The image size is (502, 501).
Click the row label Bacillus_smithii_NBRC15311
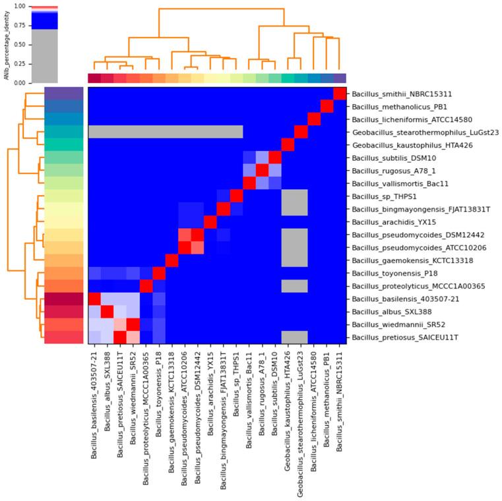[x=402, y=94]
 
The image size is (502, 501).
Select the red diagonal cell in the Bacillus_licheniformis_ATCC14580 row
[x=313, y=119]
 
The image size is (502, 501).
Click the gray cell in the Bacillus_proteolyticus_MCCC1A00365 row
[x=288, y=286]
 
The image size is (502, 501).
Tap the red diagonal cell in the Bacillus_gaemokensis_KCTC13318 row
[x=172, y=260]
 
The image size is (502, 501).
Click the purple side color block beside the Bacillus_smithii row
[x=63, y=94]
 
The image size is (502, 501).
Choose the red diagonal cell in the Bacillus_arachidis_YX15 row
[x=210, y=222]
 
